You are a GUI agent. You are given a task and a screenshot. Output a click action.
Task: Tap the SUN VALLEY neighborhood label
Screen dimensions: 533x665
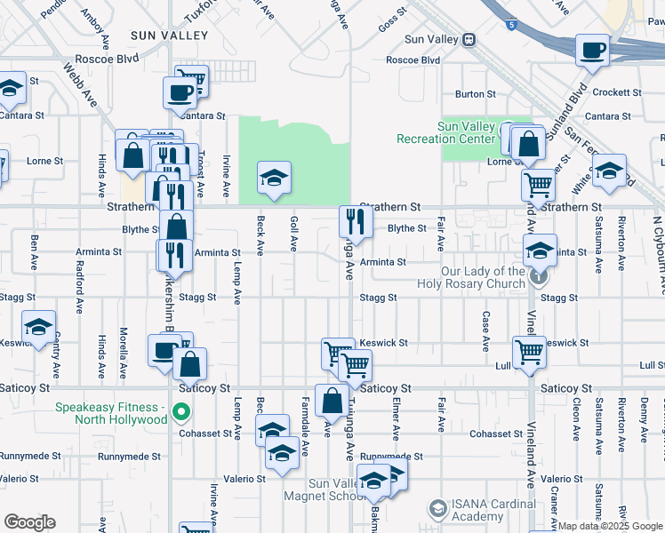pos(169,36)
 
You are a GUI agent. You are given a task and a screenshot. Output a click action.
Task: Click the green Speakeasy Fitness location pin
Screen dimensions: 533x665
pos(181,412)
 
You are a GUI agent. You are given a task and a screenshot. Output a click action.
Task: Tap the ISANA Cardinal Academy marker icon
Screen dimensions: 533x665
pos(437,509)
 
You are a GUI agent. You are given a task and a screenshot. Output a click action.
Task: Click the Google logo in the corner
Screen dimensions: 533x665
pos(29,522)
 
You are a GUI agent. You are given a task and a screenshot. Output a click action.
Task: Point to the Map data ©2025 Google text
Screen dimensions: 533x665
pos(610,526)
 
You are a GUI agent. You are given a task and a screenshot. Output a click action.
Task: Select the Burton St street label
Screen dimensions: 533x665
pos(475,94)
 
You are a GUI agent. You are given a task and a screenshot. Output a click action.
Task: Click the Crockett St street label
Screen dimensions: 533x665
pos(617,92)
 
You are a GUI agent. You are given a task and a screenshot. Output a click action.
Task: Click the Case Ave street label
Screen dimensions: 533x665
pos(485,330)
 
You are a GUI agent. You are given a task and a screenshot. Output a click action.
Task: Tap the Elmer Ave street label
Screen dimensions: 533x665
pos(394,414)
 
